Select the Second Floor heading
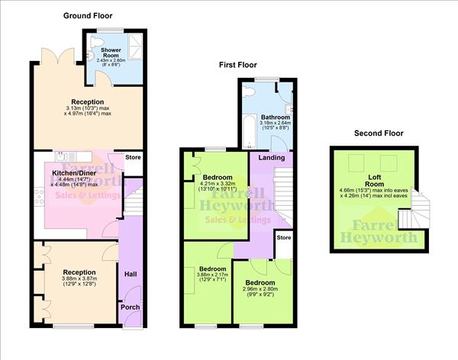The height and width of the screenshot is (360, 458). [378, 133]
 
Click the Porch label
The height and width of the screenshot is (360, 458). [130, 308]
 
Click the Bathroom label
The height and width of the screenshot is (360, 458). [274, 117]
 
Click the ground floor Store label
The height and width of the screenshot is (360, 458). [133, 158]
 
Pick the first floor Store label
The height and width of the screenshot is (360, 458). [284, 237]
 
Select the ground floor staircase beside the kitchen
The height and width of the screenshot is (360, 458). [133, 198]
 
